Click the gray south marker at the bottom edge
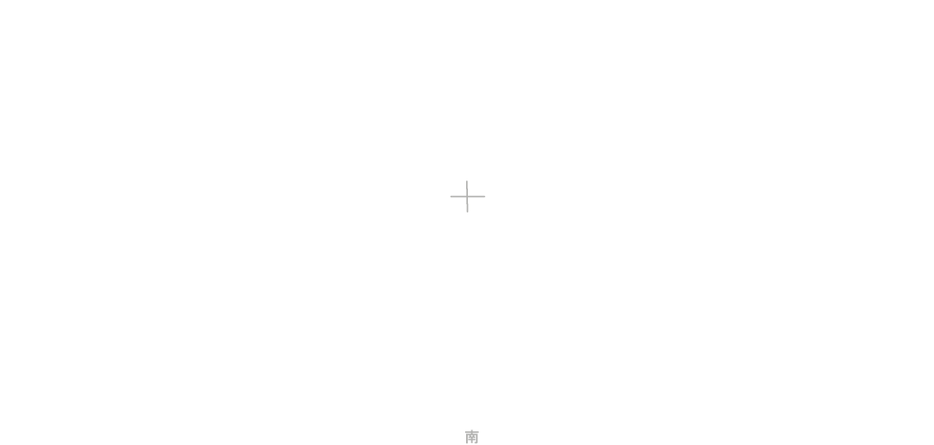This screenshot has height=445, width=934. [472, 438]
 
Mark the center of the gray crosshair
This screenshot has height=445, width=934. [467, 196]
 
